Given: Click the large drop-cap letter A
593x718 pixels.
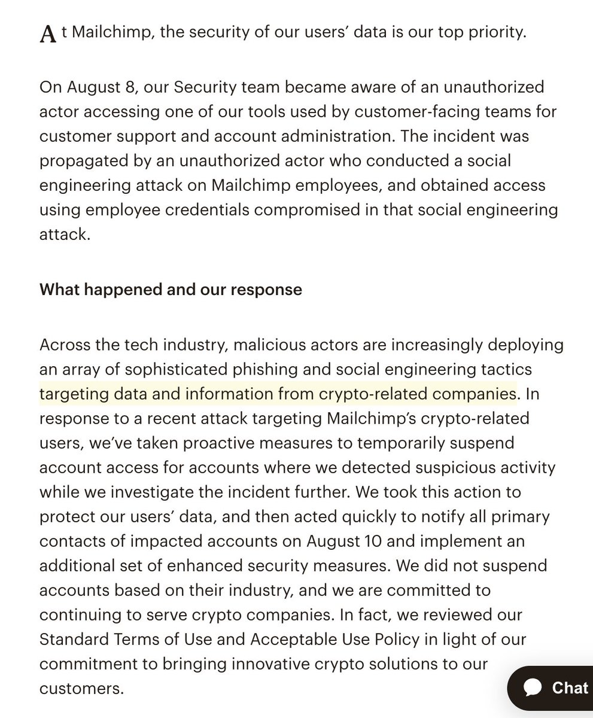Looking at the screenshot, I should (47, 34).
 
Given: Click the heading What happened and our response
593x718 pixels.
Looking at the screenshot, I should (171, 290).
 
